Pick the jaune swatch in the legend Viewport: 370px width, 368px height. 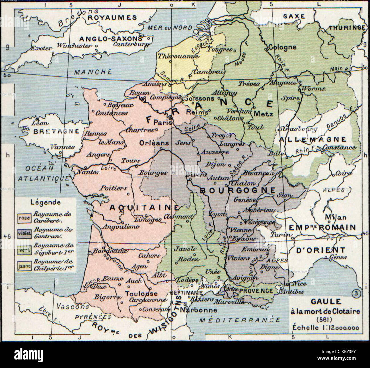[x=24, y=266]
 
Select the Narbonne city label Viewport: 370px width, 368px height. [x=200, y=310]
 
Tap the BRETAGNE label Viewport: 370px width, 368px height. [x=56, y=131]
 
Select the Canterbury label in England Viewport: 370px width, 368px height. [x=131, y=44]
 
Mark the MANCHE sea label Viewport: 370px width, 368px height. [x=89, y=72]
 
